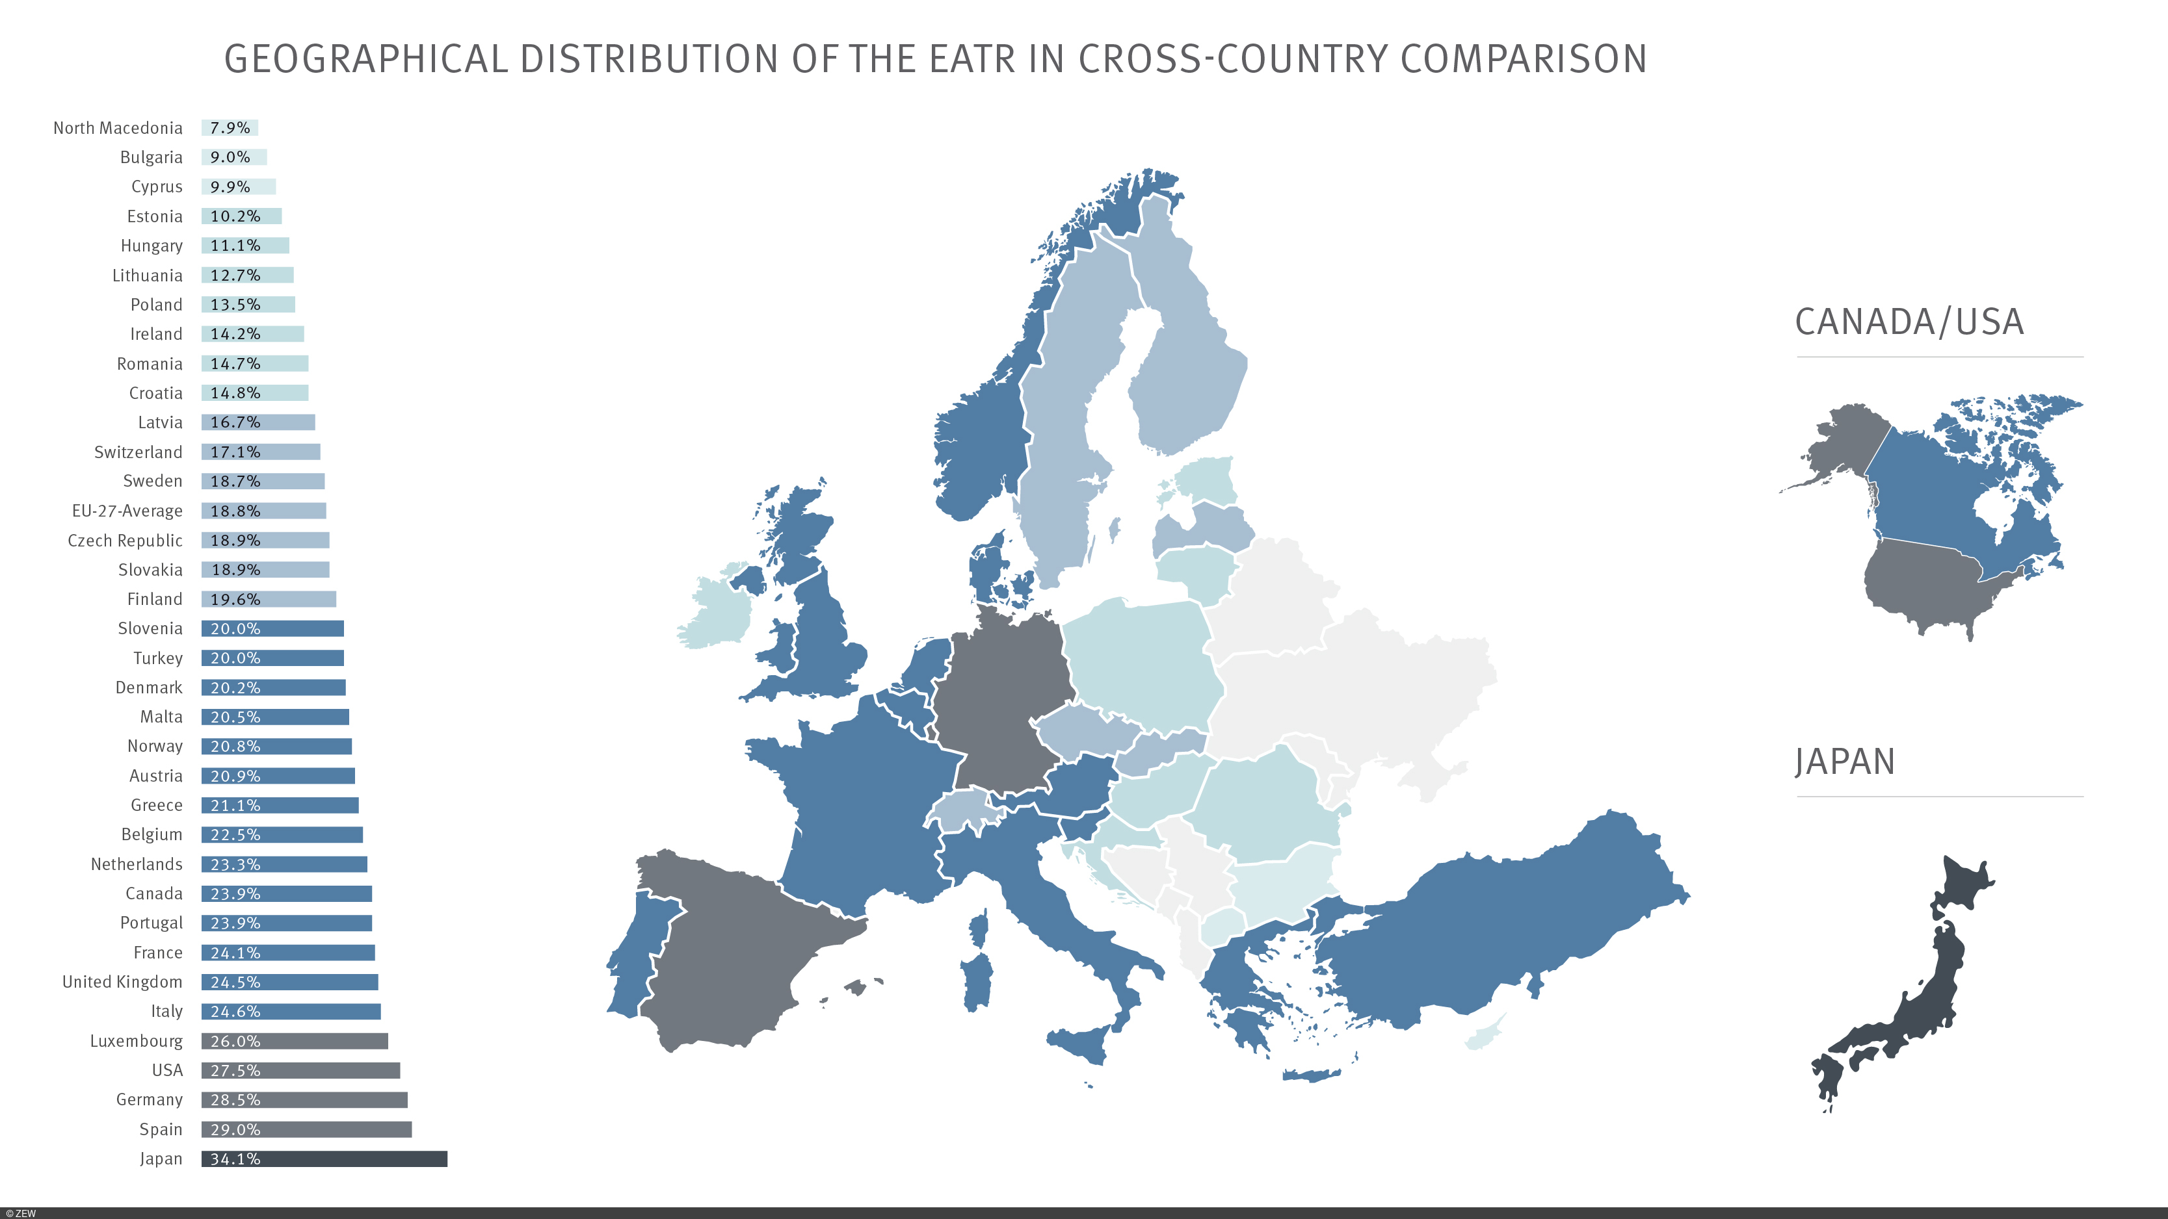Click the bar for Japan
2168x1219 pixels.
(324, 1159)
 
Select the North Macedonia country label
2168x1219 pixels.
(118, 128)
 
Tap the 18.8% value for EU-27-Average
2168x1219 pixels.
(235, 511)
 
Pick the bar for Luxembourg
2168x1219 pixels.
(295, 1041)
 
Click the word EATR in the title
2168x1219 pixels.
(972, 59)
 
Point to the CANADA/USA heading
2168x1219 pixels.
(1909, 322)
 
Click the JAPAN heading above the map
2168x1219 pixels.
(1844, 762)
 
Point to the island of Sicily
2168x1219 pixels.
(1081, 1043)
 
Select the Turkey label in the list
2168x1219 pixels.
(157, 658)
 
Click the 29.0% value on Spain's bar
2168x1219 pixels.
(235, 1129)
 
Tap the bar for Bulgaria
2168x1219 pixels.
(234, 157)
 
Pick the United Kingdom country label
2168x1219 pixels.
(122, 982)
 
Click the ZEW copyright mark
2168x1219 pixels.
(21, 1213)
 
